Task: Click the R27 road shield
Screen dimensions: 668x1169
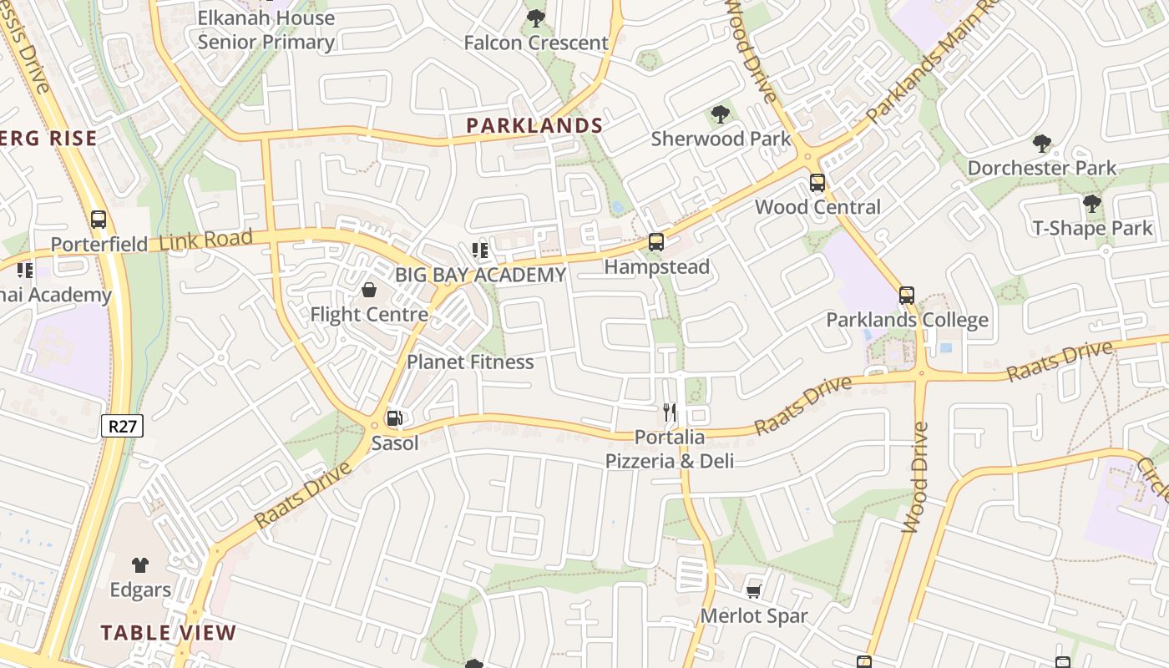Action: (122, 426)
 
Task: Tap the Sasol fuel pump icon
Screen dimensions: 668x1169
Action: (394, 418)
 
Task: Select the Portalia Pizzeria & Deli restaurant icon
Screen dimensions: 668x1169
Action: (669, 412)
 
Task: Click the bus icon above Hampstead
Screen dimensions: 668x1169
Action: (656, 242)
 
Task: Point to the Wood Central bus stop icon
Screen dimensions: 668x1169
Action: (817, 183)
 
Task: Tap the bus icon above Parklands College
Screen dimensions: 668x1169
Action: (907, 295)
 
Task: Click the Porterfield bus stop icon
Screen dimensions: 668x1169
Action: (99, 220)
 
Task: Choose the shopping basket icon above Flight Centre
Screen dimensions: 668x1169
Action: (369, 290)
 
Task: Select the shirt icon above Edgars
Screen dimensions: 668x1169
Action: (140, 564)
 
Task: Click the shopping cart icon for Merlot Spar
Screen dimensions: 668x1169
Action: (754, 591)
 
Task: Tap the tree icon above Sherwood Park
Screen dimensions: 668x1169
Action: (720, 114)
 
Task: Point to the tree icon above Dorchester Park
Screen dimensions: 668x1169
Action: (1041, 144)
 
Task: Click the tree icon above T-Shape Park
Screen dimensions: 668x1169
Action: (1091, 203)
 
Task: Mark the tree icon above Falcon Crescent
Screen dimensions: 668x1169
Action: (536, 18)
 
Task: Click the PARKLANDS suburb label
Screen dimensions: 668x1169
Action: (534, 126)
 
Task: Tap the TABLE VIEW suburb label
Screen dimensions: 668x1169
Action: (169, 633)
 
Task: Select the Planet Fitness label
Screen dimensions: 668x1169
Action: (470, 362)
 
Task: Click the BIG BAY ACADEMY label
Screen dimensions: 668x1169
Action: (480, 275)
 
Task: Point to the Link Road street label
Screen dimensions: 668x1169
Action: (205, 240)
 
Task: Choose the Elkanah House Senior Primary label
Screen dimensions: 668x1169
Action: (266, 29)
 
